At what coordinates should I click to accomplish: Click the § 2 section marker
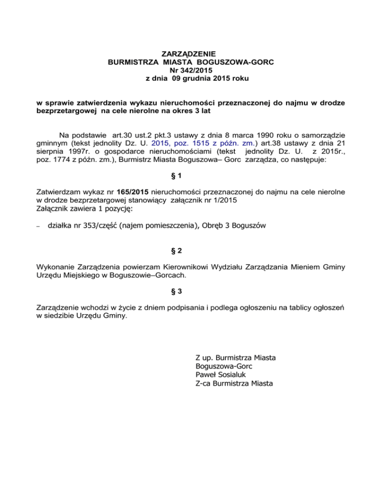coord(191,251)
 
